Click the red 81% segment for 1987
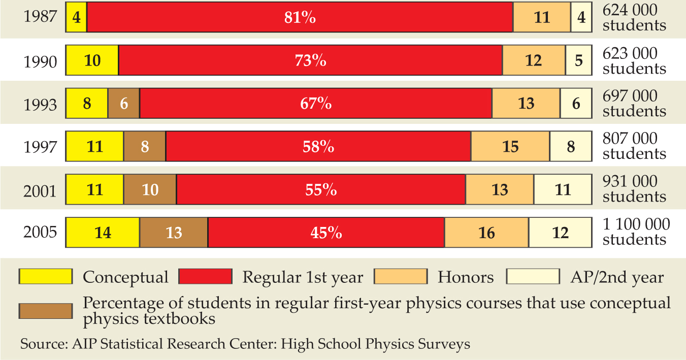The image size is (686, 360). coord(300,18)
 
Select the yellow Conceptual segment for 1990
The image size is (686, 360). coord(92,61)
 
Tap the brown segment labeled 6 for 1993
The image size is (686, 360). coord(123,104)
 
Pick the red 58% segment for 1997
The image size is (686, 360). coord(318,147)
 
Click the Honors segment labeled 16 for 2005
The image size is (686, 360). coord(486,233)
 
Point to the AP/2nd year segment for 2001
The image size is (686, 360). coord(563,189)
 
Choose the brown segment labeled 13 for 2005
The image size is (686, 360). coord(174,233)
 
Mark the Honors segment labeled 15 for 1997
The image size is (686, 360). coord(510,147)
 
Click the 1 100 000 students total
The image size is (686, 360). coord(636,232)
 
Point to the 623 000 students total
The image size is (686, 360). coord(634,60)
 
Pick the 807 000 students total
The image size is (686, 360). coord(634,146)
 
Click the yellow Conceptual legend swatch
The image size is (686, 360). coord(45,276)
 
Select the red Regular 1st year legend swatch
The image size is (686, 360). coord(205,276)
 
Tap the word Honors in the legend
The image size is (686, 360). coord(466,277)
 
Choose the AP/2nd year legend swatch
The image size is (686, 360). coord(533,276)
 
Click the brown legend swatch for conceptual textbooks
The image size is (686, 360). coord(45,310)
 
